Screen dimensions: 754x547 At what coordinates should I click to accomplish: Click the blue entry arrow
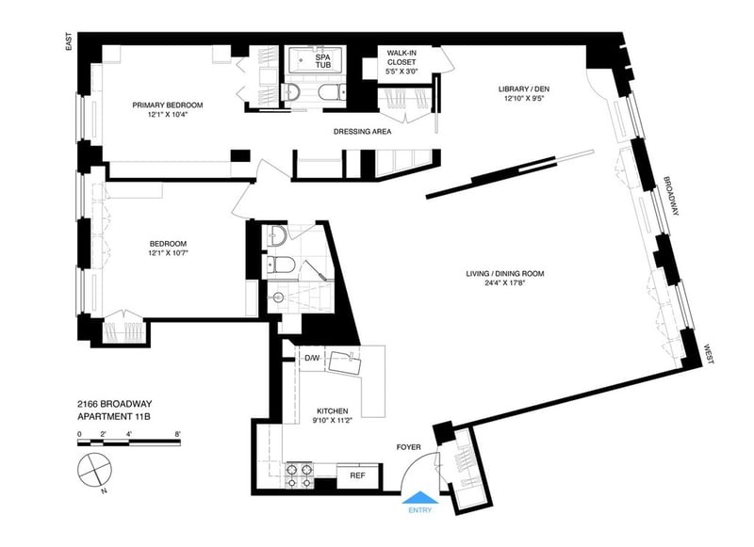(420, 497)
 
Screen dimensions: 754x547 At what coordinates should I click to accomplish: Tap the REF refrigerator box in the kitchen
(357, 476)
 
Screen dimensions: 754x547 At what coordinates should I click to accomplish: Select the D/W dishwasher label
(312, 358)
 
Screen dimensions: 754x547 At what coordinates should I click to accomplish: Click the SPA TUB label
(323, 60)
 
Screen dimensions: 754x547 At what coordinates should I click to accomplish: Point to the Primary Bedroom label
(168, 105)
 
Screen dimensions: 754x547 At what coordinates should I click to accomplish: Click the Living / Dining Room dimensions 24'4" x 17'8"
(504, 282)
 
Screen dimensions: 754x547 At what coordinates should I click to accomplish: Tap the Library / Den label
(524, 88)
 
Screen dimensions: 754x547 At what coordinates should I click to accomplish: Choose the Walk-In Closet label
(402, 57)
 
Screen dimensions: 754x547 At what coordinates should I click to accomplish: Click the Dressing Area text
(363, 132)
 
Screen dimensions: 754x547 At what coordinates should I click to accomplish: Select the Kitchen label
(333, 411)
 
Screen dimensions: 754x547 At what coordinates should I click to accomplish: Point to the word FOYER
(408, 447)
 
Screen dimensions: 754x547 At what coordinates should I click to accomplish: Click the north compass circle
(95, 469)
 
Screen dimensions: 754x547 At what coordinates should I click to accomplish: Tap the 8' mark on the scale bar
(178, 434)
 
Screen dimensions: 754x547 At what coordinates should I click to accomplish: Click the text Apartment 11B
(114, 417)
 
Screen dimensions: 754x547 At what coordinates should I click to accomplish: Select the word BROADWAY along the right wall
(671, 196)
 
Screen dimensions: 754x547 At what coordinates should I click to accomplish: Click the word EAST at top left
(69, 41)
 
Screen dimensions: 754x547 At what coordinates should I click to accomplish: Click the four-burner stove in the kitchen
(299, 476)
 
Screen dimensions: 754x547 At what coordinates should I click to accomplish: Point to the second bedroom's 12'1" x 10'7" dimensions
(168, 252)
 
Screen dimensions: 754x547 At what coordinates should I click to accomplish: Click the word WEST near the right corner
(709, 354)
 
